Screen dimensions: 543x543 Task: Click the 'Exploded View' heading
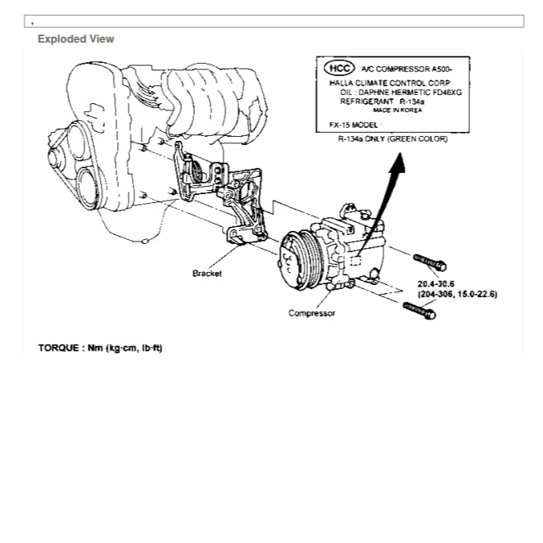tap(76, 38)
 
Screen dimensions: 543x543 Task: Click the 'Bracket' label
tap(207, 274)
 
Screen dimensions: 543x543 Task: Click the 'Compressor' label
tap(311, 313)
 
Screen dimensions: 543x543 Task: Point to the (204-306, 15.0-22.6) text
tap(457, 293)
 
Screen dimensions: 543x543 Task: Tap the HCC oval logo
tap(339, 68)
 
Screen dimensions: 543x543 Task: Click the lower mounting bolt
tap(420, 310)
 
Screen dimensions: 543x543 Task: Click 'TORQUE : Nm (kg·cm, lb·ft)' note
tap(100, 348)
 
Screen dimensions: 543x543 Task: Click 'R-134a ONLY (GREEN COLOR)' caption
tap(392, 139)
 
